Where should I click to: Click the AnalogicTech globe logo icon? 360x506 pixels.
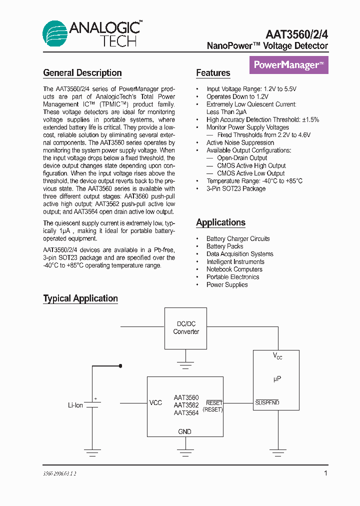(54, 34)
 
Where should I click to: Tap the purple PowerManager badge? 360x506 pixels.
(288, 65)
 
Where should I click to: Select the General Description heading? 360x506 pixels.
(82, 73)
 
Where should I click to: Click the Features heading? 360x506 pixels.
(213, 73)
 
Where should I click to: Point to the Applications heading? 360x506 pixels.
(220, 222)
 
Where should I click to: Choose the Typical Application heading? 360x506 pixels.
(80, 298)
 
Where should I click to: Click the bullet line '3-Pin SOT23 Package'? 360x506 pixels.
(236, 188)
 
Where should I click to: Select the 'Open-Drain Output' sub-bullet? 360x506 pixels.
(242, 158)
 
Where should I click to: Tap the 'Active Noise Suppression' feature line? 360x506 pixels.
(240, 142)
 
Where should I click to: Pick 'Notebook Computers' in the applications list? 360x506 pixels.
(234, 269)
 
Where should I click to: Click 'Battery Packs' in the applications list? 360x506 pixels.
(224, 246)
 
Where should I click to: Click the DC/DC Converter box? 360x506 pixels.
(186, 328)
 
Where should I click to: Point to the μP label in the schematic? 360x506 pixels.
(277, 379)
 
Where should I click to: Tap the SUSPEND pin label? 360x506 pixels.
(267, 402)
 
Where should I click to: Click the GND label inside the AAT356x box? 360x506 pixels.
(184, 431)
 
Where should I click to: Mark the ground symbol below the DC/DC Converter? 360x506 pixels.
(186, 365)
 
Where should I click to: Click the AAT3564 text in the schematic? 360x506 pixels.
(186, 413)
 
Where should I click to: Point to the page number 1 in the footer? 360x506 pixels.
(326, 472)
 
